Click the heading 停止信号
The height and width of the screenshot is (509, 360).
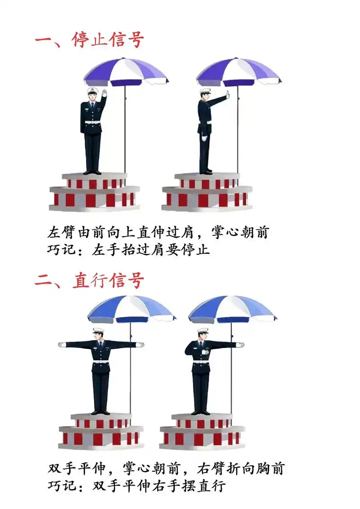click(108, 40)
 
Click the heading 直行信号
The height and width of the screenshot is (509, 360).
click(108, 281)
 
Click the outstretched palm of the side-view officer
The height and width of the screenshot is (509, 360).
click(228, 95)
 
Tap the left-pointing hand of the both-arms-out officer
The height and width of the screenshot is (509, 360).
click(62, 345)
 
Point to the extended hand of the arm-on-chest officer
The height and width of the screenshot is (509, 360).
click(240, 345)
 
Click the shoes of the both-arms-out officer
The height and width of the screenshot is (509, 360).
click(100, 412)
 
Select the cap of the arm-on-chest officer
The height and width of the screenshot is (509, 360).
click(202, 331)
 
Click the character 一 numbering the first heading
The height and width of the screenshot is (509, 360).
click(44, 40)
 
